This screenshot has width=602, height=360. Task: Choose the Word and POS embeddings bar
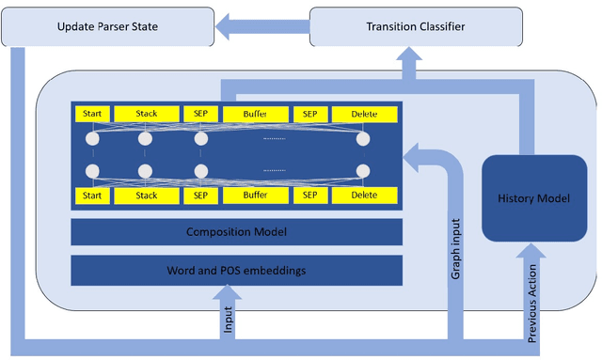tap(236, 272)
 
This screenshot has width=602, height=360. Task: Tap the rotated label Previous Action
tap(533, 301)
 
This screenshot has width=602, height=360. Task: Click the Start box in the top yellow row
tap(91, 114)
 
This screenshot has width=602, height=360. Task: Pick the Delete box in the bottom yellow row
tap(364, 196)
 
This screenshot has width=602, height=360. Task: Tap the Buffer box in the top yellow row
tap(256, 114)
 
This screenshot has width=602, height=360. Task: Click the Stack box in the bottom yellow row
tap(147, 196)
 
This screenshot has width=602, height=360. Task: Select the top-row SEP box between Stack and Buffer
tap(200, 114)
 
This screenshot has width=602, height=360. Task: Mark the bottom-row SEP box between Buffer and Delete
tap(309, 196)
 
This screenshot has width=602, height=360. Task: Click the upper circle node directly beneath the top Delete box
tap(363, 139)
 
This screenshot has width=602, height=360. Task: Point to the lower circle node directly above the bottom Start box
tap(91, 171)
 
